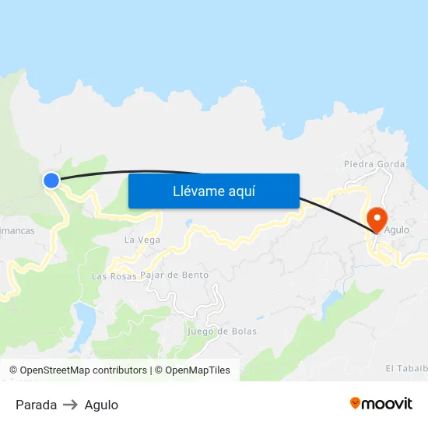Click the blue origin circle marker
click(51, 181)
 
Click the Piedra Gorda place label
click(374, 164)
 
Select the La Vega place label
click(142, 240)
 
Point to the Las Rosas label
click(114, 276)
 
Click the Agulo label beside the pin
click(397, 230)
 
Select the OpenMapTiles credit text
click(192, 370)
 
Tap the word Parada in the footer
click(36, 405)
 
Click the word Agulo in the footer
click(101, 405)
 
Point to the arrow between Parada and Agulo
click(70, 405)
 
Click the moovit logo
click(381, 404)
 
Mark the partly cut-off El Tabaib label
click(406, 368)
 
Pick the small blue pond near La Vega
click(188, 223)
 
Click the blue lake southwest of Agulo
click(332, 300)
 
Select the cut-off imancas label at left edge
click(17, 231)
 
